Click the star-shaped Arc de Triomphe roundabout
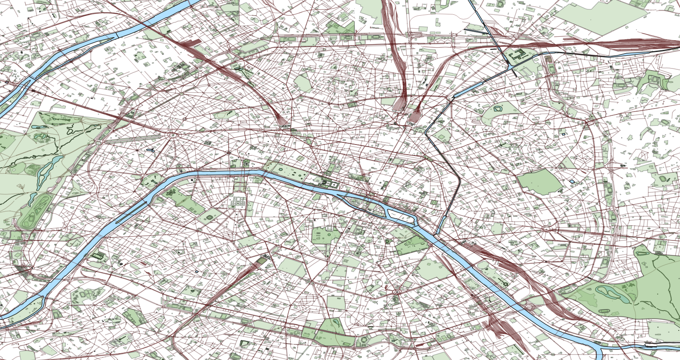(172, 135)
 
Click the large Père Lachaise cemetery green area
(540, 182)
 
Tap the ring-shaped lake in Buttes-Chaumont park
(498, 109)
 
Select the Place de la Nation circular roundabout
(547, 229)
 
